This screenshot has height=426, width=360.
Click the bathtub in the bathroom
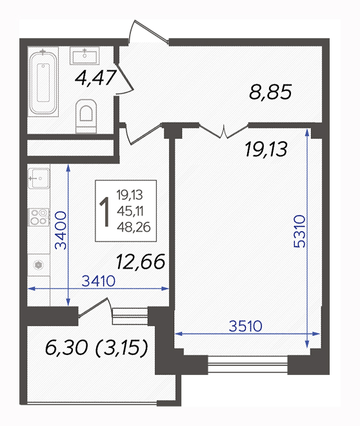[43, 82]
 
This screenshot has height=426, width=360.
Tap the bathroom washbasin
[85, 56]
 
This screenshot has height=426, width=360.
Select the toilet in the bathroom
[86, 116]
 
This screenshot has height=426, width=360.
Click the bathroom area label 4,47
[95, 77]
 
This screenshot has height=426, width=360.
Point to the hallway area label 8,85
[270, 92]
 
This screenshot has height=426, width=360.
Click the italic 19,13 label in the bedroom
[266, 149]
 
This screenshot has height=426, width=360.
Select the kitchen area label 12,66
[141, 261]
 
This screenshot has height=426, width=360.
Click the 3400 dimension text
[61, 230]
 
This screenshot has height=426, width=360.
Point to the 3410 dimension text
[99, 281]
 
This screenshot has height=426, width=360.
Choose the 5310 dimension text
[300, 231]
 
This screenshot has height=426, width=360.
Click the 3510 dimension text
[246, 326]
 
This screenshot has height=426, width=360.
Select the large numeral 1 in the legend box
[105, 212]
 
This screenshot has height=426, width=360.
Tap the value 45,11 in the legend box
[130, 211]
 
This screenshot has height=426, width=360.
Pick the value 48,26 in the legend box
[134, 227]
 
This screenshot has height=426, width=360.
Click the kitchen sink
[39, 178]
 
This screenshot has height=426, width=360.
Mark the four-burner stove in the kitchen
[39, 217]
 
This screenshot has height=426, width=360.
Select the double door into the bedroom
[224, 131]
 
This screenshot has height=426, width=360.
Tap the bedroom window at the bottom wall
[248, 365]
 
